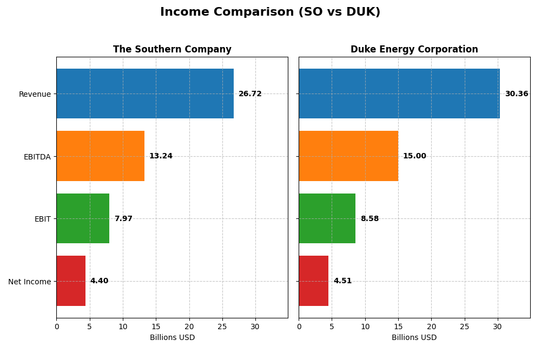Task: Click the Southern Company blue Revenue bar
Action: pos(145,94)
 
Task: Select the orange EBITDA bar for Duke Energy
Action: pos(348,156)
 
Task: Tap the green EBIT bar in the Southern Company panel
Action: pos(83,218)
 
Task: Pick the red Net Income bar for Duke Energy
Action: pos(314,281)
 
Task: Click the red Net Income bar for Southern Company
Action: pos(71,281)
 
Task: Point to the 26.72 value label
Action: pos(250,94)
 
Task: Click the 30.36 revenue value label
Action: pos(516,94)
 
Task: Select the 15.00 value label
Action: pos(414,156)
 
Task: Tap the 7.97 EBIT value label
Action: pos(123,219)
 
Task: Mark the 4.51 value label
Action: pos(342,281)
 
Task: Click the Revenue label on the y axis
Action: pos(35,94)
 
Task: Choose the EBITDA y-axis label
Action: pos(37,157)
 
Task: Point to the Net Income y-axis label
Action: pos(29,282)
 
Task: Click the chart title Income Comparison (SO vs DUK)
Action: pos(270,12)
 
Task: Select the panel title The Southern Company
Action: pos(172,50)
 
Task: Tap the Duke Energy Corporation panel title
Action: pos(414,50)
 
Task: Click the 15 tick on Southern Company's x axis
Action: pos(156,326)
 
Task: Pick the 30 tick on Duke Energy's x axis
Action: pos(497,326)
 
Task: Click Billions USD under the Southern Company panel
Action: pos(172,338)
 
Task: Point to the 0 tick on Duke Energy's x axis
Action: pos(299,326)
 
